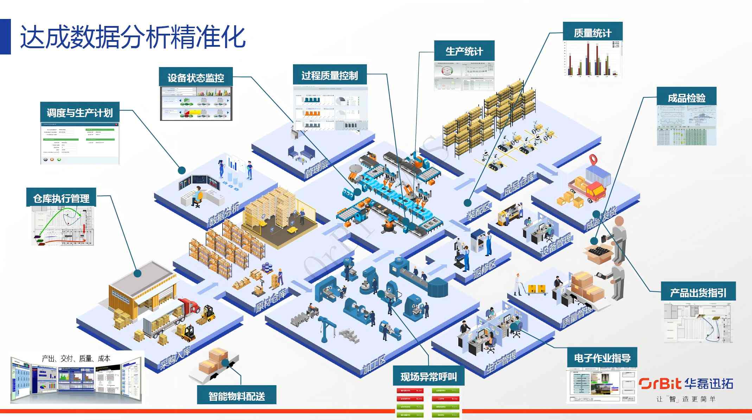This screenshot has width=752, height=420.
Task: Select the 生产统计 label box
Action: click(464, 51)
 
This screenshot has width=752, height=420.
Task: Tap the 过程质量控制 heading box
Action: click(330, 75)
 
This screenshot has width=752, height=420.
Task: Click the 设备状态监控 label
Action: click(196, 77)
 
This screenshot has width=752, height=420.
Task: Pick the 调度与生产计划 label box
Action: click(79, 112)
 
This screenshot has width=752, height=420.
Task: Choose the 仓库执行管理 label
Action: click(61, 198)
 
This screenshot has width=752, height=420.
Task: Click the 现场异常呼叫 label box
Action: click(428, 376)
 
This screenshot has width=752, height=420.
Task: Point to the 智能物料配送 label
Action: click(236, 396)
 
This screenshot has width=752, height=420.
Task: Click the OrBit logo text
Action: click(660, 383)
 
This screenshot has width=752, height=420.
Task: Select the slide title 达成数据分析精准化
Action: click(133, 37)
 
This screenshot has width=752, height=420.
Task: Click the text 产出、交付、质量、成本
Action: click(76, 358)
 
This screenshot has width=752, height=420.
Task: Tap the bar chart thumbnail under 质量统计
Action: click(593, 59)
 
